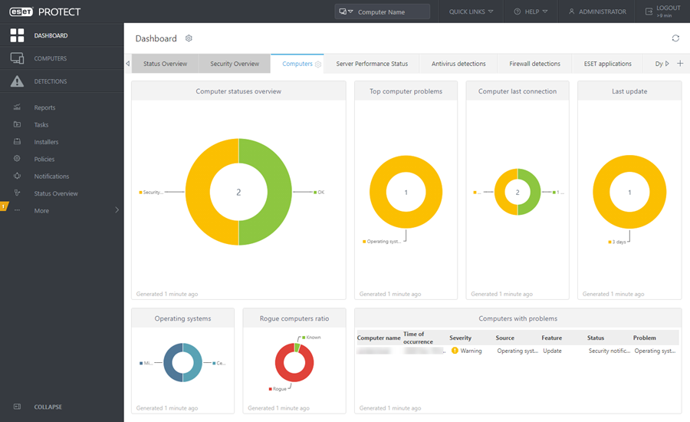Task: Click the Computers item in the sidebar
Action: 50,58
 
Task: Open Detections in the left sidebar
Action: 50,81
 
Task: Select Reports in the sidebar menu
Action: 44,107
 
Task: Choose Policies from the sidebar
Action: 44,159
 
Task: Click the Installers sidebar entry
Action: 46,142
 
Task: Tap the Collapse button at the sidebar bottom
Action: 48,407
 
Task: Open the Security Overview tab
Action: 235,64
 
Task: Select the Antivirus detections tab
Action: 458,64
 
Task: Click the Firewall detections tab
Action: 535,64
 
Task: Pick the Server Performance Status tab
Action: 372,64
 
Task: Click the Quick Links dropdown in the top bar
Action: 471,12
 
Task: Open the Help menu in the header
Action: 531,12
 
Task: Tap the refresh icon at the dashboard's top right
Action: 675,38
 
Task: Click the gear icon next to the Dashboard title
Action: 189,38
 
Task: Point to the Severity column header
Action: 460,338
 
